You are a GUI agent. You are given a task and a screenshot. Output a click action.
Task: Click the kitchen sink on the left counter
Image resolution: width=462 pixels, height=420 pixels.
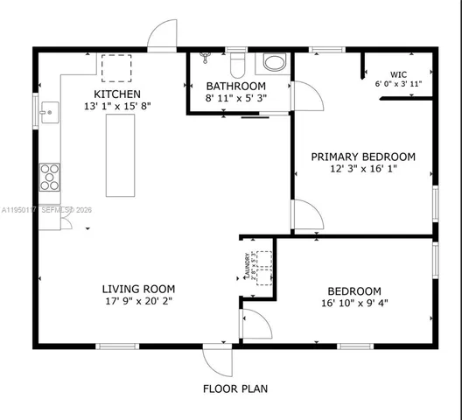click(x=50, y=110)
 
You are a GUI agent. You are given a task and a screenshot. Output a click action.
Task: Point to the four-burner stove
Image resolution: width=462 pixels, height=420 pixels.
click(x=50, y=177)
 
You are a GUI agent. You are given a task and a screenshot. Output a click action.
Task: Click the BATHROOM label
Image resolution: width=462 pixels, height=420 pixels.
click(x=235, y=86)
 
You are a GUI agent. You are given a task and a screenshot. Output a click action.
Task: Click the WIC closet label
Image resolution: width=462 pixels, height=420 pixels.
click(x=398, y=74)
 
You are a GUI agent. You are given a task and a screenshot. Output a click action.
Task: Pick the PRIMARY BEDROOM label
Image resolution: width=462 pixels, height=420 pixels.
click(x=363, y=157)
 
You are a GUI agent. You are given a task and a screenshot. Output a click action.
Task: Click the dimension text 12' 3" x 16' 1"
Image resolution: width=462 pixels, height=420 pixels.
click(x=363, y=169)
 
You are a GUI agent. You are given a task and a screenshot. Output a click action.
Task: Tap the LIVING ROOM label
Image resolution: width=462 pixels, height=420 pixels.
click(x=138, y=289)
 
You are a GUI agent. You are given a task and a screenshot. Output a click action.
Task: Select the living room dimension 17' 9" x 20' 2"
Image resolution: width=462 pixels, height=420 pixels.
click(x=138, y=302)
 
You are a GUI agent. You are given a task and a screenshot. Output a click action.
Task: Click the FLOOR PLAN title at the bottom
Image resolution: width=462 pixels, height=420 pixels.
click(x=235, y=388)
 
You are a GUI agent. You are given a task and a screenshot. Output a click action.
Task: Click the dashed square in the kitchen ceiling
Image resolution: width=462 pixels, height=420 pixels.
click(x=116, y=67)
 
